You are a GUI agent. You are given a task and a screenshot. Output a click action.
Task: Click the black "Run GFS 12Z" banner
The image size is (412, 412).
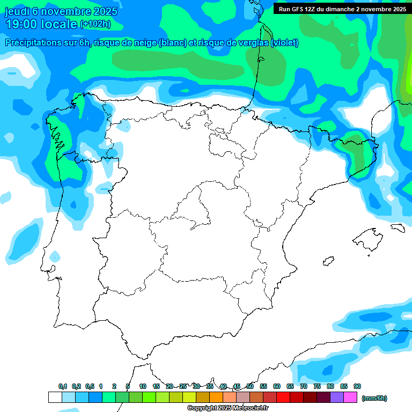click(342, 9)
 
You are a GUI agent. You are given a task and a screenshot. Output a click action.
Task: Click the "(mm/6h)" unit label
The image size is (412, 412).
click(374, 398)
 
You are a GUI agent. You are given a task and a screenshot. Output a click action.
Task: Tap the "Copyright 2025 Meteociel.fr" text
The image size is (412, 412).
click(227, 408)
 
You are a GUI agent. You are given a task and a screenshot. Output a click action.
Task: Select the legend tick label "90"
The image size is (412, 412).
click(357, 386)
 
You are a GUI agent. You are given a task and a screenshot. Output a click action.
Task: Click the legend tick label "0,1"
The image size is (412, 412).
click(63, 386)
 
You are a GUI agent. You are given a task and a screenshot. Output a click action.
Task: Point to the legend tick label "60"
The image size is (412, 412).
click(277, 386)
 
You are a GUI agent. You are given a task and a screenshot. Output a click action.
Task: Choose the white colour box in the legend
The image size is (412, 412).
click(55, 398)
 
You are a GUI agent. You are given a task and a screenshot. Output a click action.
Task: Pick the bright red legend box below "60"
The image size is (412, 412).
click(283, 398)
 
